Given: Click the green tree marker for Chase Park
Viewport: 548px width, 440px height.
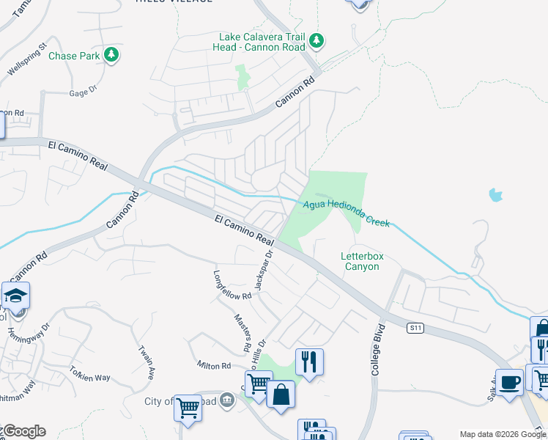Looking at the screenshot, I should tap(111, 55).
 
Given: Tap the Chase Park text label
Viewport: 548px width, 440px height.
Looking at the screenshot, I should tap(74, 56).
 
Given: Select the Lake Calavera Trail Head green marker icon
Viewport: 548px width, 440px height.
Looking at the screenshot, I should tap(316, 40).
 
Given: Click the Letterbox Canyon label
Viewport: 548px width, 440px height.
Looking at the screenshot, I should tap(362, 261).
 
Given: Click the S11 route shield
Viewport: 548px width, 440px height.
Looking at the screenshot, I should tap(416, 329).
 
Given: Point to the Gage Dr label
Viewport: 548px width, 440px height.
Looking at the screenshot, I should tap(83, 92).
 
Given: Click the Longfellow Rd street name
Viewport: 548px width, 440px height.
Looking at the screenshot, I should tap(232, 286).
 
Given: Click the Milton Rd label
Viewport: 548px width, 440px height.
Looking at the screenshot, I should tap(213, 365).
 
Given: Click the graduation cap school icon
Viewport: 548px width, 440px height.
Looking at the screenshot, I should tap(15, 296).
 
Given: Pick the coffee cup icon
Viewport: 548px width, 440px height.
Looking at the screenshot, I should tap(509, 383).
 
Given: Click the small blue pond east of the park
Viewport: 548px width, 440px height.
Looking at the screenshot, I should tap(496, 195).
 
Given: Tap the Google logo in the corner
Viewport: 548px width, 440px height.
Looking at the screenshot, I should tap(23, 431).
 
